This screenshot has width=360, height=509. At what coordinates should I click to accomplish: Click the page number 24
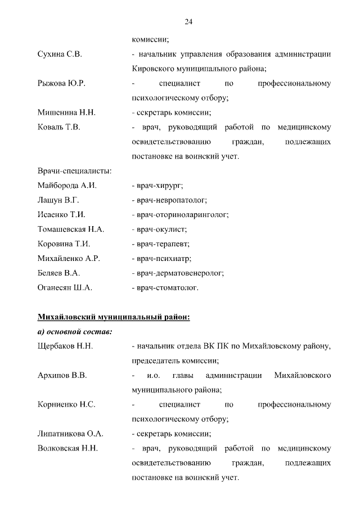(x=188, y=22)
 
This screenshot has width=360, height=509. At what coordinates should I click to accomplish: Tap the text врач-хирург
(x=158, y=186)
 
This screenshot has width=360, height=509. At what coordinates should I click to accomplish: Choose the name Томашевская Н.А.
(x=71, y=229)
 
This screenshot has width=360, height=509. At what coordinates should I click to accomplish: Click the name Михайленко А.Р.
(x=68, y=259)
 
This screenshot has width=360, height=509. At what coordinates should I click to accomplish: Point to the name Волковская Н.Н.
(x=67, y=448)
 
